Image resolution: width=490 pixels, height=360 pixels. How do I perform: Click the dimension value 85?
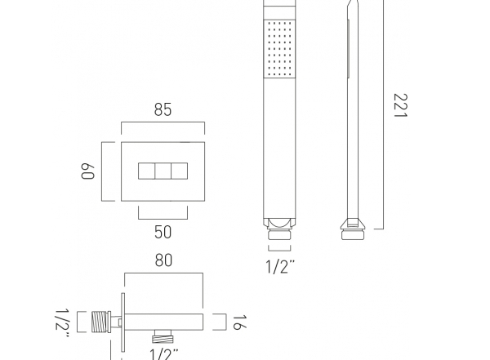(x=163, y=109)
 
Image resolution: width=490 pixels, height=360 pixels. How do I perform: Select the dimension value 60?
(x=87, y=171)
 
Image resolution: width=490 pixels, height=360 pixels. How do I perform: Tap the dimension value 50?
(x=163, y=232)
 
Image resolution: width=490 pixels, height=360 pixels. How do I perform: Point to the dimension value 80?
(x=163, y=260)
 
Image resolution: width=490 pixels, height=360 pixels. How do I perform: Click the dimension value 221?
(x=401, y=105)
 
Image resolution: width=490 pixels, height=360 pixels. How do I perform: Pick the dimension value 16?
(x=239, y=322)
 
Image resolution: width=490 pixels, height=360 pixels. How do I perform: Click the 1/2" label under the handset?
(x=280, y=267)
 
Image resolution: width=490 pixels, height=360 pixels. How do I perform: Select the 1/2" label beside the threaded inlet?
(x=62, y=323)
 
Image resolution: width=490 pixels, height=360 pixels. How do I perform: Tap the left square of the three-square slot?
(x=146, y=171)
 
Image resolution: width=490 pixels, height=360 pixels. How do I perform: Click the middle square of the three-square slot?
(x=163, y=171)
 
